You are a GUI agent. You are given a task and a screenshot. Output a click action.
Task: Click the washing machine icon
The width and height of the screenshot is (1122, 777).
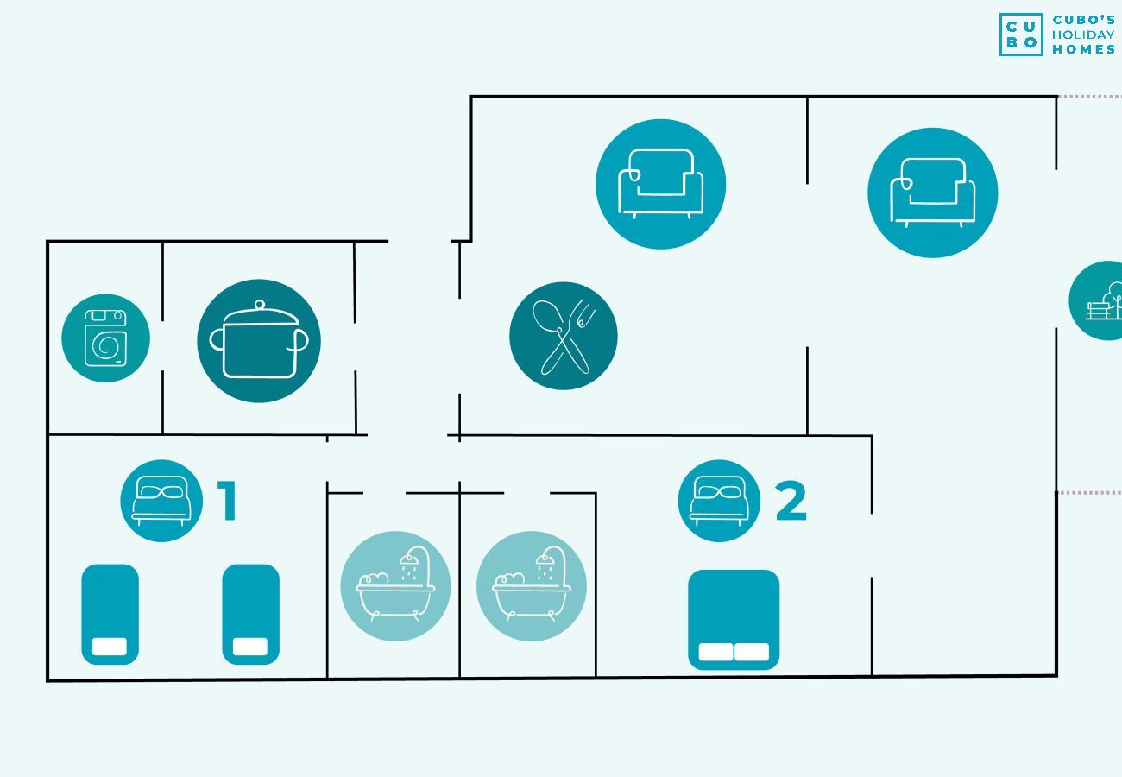pyautogui.click(x=105, y=338)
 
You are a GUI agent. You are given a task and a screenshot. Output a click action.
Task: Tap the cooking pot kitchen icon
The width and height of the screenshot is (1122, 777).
pyautogui.click(x=259, y=341)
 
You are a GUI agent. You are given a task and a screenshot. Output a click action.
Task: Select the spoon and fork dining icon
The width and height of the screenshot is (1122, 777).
pyautogui.click(x=563, y=336)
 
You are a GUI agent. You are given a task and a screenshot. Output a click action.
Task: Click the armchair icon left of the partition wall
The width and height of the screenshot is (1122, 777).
pyautogui.click(x=660, y=184)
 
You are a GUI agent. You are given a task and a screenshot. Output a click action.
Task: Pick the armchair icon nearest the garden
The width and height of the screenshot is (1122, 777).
pyautogui.click(x=932, y=193)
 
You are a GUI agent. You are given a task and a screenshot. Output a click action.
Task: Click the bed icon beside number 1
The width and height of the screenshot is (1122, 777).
pyautogui.click(x=161, y=501)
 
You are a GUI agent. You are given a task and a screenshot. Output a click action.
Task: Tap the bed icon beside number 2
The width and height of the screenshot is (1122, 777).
pyautogui.click(x=718, y=501)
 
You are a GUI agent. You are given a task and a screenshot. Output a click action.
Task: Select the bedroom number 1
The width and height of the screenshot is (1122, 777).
pyautogui.click(x=227, y=501)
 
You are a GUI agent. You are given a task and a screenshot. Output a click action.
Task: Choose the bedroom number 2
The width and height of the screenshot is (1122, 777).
pyautogui.click(x=791, y=501)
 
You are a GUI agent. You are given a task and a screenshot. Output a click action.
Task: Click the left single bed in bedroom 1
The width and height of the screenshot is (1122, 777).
pyautogui.click(x=110, y=615)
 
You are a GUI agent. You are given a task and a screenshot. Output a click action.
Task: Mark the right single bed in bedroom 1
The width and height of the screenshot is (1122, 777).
pyautogui.click(x=250, y=615)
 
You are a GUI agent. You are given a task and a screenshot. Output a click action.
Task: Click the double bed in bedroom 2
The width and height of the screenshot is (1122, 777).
pyautogui.click(x=733, y=619)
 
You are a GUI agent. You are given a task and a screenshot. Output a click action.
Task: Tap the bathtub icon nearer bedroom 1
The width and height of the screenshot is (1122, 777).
pyautogui.click(x=395, y=586)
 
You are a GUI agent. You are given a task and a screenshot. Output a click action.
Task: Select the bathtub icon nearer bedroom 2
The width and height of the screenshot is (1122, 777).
pyautogui.click(x=531, y=586)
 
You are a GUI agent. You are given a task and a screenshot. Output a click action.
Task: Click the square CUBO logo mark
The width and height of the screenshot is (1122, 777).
pyautogui.click(x=1021, y=35)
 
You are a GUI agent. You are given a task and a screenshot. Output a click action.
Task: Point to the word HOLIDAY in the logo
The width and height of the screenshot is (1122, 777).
pyautogui.click(x=1083, y=35)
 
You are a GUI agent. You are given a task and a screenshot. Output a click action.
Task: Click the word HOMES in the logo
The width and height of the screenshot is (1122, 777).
pyautogui.click(x=1083, y=49)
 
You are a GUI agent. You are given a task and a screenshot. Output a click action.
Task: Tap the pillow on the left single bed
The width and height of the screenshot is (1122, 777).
pyautogui.click(x=110, y=647)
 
